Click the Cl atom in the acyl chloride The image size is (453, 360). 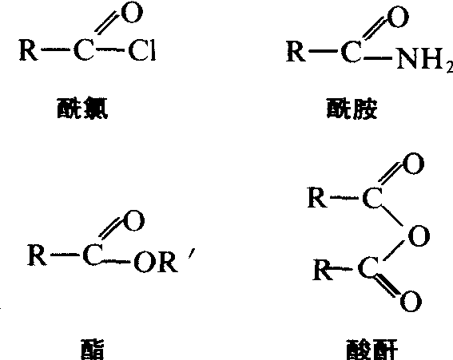(142, 51)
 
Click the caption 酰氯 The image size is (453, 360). (82, 109)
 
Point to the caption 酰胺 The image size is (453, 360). (352, 109)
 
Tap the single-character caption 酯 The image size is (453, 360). (92, 350)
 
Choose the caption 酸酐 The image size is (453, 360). (372, 350)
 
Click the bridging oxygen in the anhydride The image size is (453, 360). (419, 235)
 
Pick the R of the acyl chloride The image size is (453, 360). (28, 50)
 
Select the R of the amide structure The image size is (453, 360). (296, 51)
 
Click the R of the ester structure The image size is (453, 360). (37, 255)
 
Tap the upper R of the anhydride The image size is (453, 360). (317, 197)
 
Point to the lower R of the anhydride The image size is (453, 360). (323, 270)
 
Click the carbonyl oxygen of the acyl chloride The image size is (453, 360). (133, 13)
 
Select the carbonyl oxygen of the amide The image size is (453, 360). (398, 17)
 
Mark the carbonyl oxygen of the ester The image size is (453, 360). (133, 220)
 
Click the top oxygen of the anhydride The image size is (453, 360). (414, 164)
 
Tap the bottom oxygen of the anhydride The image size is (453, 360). (411, 301)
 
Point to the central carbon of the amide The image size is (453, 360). (352, 51)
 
